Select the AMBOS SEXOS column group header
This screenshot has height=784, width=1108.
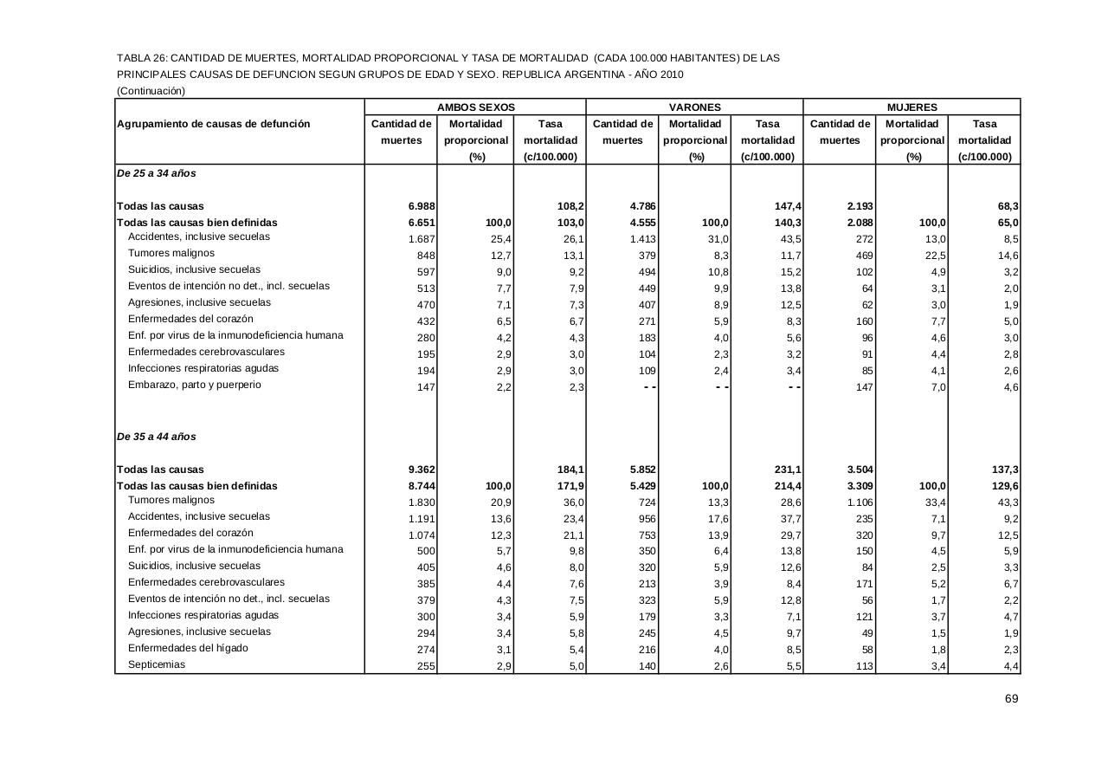(475, 107)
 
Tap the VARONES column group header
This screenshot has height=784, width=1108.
(695, 107)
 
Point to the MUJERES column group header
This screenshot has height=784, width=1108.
(912, 107)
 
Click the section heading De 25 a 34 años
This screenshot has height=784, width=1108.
(157, 173)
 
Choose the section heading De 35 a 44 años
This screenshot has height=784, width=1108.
(157, 437)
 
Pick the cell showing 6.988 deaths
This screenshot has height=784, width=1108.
(422, 206)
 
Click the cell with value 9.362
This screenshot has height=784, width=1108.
(422, 470)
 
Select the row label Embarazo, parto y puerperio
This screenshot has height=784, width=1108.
(194, 385)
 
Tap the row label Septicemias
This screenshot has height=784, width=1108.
(157, 664)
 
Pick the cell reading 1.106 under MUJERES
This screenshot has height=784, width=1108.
(860, 502)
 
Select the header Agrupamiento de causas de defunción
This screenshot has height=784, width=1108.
(213, 124)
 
